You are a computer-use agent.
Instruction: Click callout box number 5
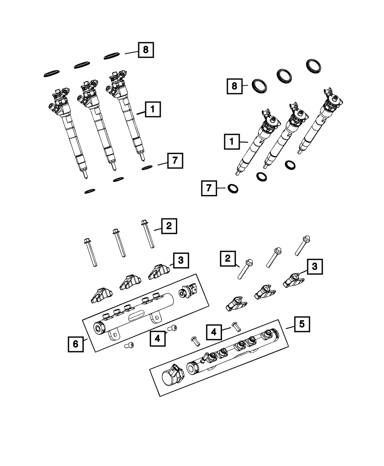302,324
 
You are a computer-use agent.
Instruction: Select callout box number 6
75,344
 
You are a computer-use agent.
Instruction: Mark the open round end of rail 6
99,328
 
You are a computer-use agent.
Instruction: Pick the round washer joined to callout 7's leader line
233,188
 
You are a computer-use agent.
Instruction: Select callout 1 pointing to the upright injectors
152,110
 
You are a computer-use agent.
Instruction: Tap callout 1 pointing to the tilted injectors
232,142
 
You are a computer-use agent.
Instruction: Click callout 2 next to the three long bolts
169,226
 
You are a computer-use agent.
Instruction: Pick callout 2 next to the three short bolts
228,258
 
